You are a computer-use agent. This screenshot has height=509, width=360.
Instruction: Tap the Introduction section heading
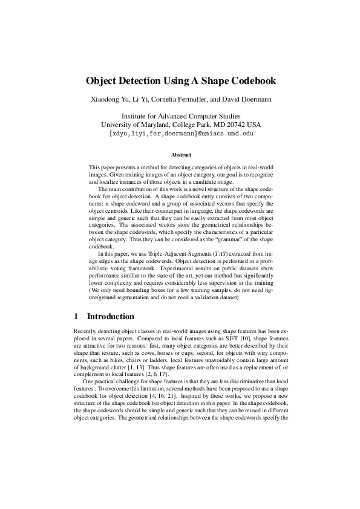[111, 316]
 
